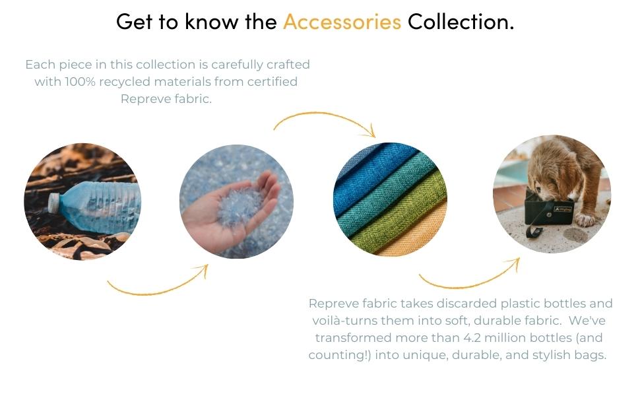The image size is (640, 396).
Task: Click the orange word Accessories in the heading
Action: pyautogui.click(x=342, y=22)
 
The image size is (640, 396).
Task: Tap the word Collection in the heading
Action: pyautogui.click(x=460, y=22)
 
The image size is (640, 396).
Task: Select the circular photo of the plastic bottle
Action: pyautogui.click(x=82, y=201)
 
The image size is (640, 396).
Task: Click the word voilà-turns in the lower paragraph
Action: pyautogui.click(x=348, y=321)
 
